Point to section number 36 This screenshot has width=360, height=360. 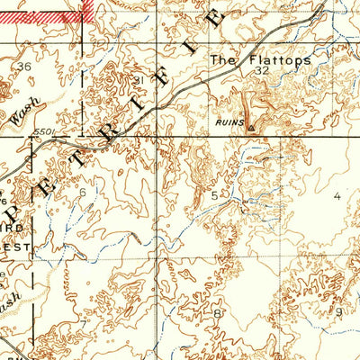(23, 67)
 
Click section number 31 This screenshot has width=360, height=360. (139, 81)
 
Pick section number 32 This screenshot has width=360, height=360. (262, 69)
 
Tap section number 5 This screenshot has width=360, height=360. (214, 194)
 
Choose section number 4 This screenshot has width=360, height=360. (338, 194)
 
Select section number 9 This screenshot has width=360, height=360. (338, 311)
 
